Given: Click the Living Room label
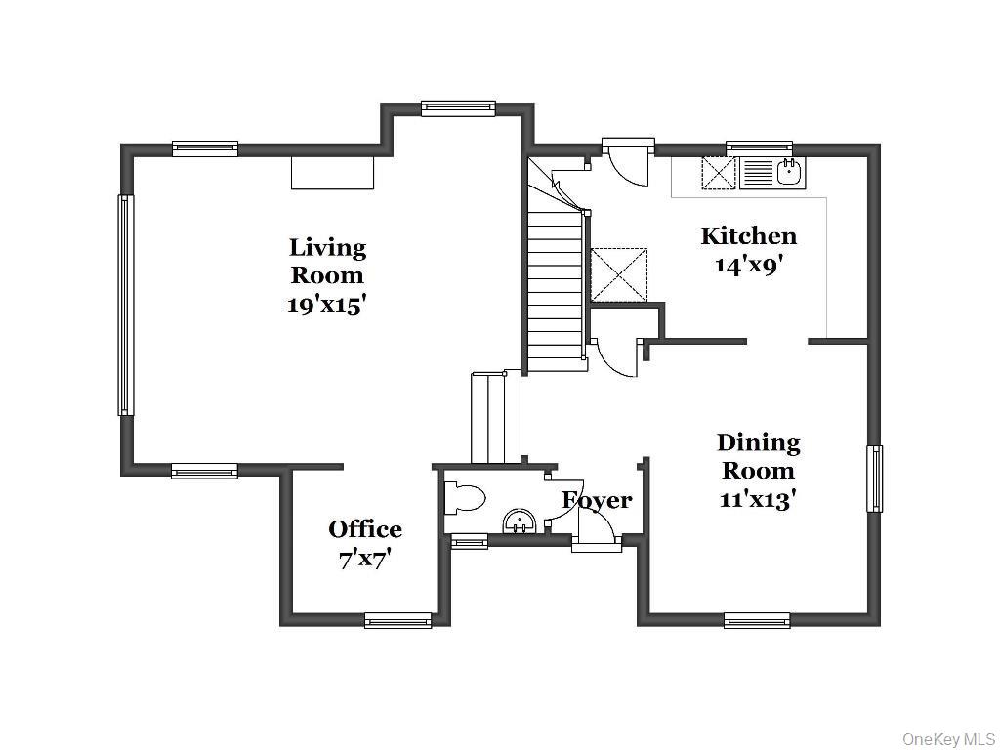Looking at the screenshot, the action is tap(328, 261).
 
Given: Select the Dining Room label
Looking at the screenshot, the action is tap(758, 457).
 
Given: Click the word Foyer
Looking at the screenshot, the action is tap(597, 501).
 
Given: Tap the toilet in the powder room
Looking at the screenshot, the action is tap(464, 497).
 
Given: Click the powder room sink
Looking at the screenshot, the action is tap(520, 521).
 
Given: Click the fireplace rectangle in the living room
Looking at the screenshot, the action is tap(332, 172).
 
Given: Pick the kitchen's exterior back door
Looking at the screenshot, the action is tap(628, 163).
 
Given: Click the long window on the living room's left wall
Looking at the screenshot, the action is tap(126, 306).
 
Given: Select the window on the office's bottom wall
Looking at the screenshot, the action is tap(398, 620).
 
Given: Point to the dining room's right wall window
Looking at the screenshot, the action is tap(874, 479).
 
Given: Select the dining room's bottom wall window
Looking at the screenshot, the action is tap(757, 620).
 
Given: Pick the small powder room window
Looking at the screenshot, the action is tap(470, 542).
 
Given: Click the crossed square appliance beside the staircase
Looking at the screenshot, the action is tap(619, 273).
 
